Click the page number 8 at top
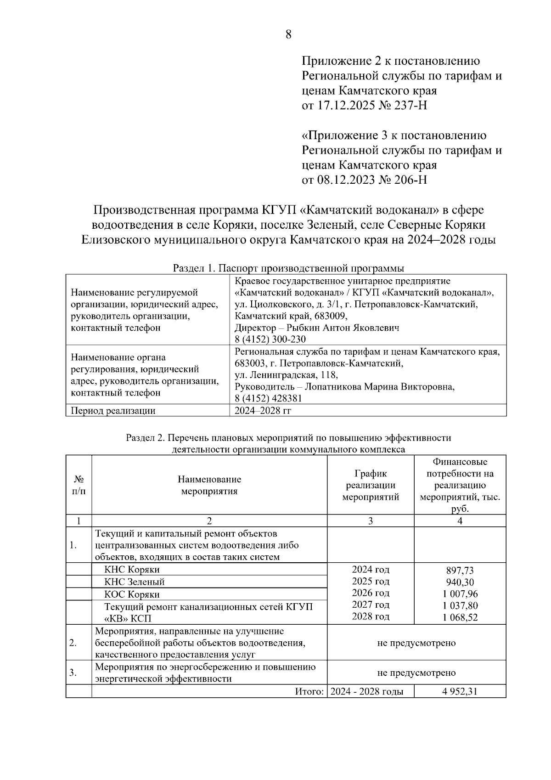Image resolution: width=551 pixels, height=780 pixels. [x=288, y=34]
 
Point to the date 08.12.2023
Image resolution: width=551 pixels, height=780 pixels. [x=338, y=180]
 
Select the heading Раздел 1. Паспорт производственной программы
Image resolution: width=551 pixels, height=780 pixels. [x=288, y=268]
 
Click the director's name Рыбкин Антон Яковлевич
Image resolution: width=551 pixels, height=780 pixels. [x=343, y=328]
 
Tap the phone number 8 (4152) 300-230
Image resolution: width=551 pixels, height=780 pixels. [x=270, y=339]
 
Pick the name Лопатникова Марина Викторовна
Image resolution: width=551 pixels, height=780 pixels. [x=380, y=387]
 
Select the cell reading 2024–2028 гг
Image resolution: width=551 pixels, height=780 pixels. [x=263, y=411]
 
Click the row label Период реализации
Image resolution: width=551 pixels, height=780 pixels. [x=113, y=411]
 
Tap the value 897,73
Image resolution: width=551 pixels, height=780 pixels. [x=460, y=571]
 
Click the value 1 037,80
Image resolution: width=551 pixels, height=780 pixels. [x=460, y=605]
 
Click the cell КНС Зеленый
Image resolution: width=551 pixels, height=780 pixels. [x=134, y=582]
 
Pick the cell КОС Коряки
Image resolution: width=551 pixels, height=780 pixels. [x=132, y=594]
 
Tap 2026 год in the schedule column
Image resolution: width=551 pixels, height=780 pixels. [x=371, y=593]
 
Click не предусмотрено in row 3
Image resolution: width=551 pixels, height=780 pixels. [x=416, y=673]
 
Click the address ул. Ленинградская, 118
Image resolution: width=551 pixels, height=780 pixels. [x=286, y=375]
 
